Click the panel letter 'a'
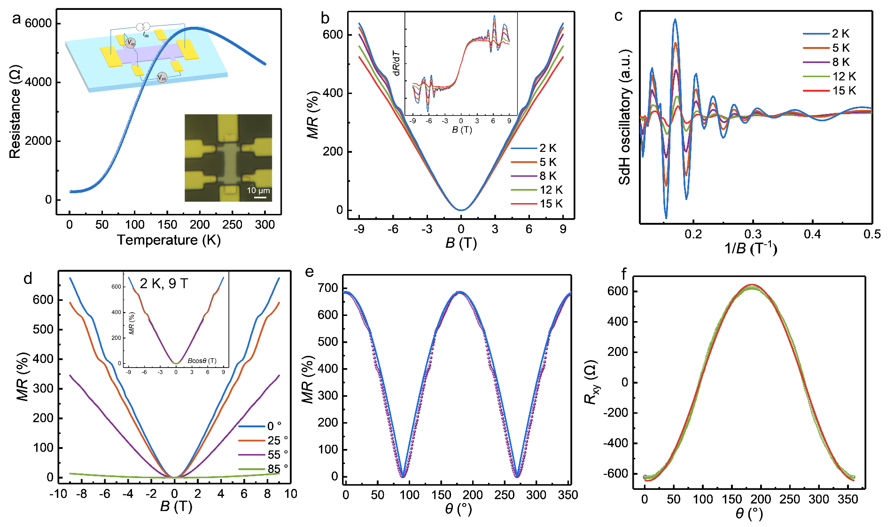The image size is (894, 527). [x=17, y=19]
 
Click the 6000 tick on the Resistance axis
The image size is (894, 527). [x=39, y=24]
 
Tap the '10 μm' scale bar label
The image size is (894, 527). [x=258, y=190]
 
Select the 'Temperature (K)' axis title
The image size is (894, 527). [x=169, y=240]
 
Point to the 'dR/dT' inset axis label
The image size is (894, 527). [x=396, y=63]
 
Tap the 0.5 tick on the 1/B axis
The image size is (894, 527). [x=871, y=234]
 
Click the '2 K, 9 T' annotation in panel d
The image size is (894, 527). [x=164, y=283]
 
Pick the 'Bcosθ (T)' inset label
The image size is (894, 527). [x=202, y=361]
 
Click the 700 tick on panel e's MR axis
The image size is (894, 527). [x=328, y=288]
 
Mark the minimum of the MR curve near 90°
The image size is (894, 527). [x=403, y=476]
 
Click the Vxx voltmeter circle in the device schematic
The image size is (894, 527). [x=162, y=78]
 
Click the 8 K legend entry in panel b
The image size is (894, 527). [x=548, y=176]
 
